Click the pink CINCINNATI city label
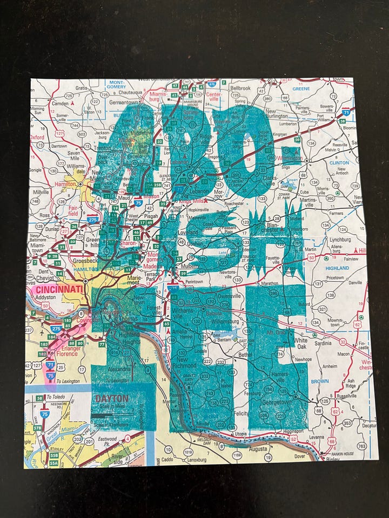click(x=57, y=290)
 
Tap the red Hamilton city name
click(x=66, y=185)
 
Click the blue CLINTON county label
click(x=339, y=162)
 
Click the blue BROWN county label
click(x=335, y=380)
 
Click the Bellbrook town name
click(x=240, y=87)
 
